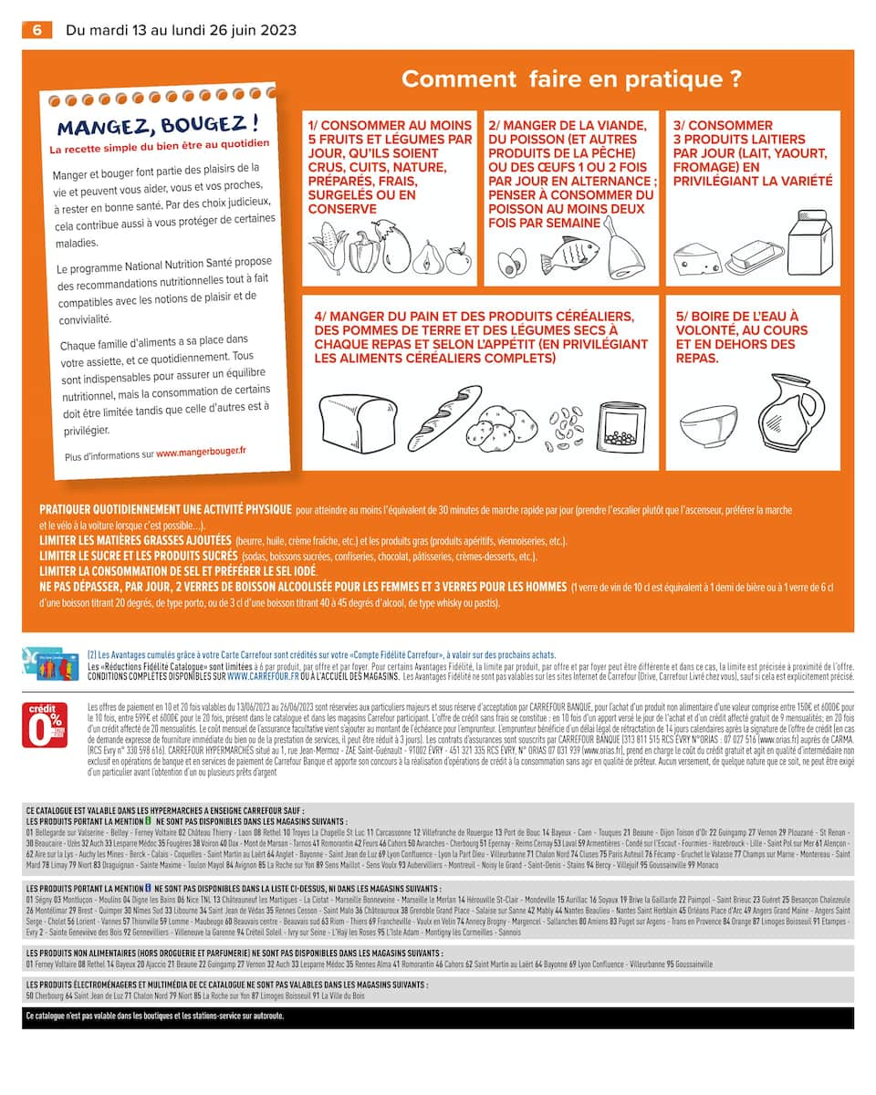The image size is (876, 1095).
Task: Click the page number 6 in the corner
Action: click(x=37, y=30)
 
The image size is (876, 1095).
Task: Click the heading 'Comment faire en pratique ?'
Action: click(x=571, y=79)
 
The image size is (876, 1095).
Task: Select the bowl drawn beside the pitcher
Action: click(x=708, y=426)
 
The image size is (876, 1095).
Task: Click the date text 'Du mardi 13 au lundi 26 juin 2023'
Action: click(x=181, y=30)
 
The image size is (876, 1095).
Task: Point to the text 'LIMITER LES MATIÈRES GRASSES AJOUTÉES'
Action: click(x=135, y=540)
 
